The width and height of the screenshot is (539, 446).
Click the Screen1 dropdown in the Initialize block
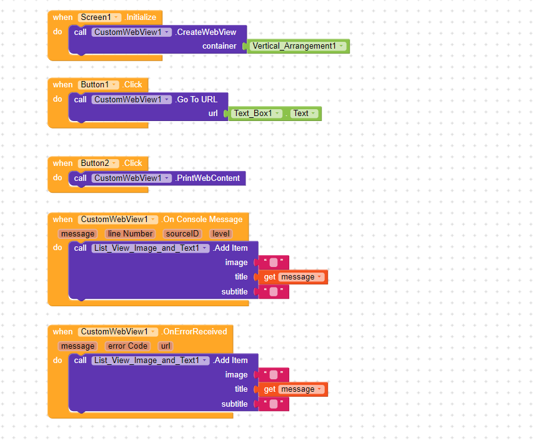pos(99,17)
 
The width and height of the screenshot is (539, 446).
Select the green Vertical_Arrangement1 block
pos(298,46)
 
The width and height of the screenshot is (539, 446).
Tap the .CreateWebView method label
pos(205,32)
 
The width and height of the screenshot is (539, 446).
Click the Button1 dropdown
pos(98,84)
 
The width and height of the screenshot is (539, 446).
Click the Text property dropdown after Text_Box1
pos(304,114)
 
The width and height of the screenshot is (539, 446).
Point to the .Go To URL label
pos(196,100)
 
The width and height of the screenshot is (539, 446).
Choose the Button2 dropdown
pos(98,163)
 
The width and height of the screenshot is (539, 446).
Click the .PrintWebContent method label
pos(207,178)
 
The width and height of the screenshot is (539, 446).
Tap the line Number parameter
pos(130,234)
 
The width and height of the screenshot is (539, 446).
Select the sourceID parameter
pos(182,234)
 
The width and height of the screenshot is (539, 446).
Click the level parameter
pos(220,234)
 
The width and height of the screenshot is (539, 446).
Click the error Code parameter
pos(127,346)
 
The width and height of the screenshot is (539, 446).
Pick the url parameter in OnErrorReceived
pos(166,346)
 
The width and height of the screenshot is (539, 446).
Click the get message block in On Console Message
pos(293,277)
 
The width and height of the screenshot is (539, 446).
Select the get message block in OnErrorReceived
pos(293,389)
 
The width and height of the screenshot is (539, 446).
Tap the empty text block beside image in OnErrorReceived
pos(274,375)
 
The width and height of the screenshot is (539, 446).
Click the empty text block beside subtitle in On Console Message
pos(274,292)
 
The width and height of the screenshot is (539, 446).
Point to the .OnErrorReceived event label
pos(194,332)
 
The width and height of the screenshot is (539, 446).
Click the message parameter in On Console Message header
pos(77,234)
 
